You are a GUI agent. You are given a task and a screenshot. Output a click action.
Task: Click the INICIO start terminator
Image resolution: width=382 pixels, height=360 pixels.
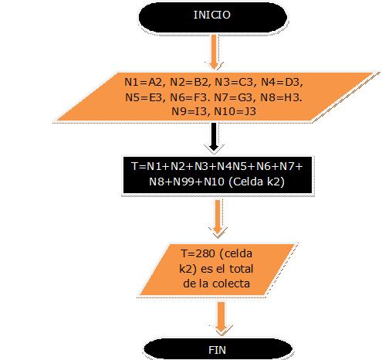click(x=213, y=17)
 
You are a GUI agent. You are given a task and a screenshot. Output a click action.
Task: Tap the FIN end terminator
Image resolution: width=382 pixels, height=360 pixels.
click(x=218, y=349)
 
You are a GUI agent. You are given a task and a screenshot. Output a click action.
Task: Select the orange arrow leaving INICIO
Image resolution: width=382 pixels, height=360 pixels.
click(x=214, y=52)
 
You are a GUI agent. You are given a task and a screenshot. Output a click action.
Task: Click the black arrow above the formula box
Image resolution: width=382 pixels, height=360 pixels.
click(x=214, y=138)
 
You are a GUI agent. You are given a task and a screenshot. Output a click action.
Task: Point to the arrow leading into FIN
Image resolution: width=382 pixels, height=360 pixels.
click(x=221, y=318)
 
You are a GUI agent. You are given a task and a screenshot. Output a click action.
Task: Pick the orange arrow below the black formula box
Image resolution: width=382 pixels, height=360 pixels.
click(x=218, y=217)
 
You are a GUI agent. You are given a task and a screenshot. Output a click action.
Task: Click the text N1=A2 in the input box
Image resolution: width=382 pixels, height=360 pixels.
click(x=144, y=82)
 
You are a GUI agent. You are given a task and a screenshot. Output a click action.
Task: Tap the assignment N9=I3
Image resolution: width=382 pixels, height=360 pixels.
click(x=189, y=111)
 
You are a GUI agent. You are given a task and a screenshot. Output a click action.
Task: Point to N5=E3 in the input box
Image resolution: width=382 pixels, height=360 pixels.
click(x=144, y=97)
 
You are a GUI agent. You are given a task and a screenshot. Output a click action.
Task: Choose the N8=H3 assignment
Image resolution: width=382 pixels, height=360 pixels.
click(x=281, y=97)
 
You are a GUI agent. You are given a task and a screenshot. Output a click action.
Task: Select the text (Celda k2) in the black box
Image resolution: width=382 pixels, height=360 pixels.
click(x=256, y=182)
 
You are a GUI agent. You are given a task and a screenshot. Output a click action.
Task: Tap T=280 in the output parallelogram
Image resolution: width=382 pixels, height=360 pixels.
click(x=198, y=253)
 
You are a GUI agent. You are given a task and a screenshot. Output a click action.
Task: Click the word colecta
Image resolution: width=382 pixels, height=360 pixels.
click(x=231, y=284)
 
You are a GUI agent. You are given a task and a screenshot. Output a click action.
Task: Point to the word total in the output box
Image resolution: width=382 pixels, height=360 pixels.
click(x=242, y=269)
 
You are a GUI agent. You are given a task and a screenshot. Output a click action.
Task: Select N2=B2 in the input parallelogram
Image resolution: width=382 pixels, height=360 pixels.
click(x=189, y=82)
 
